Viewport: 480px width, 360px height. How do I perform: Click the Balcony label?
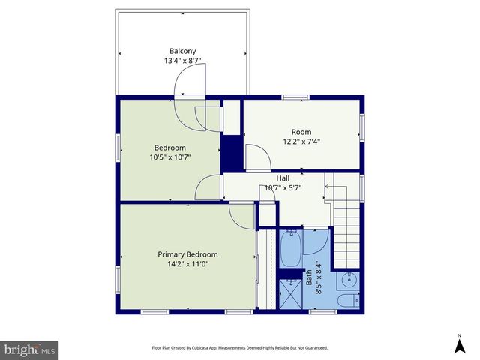coord(182,51)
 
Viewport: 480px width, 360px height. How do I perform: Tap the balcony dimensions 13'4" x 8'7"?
coord(182,61)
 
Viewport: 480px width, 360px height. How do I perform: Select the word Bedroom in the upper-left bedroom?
coord(169,148)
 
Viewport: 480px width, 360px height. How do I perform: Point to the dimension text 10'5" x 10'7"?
coord(169,157)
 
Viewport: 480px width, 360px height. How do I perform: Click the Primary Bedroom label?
coord(187,253)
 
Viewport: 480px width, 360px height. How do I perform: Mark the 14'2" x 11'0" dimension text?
coord(187,263)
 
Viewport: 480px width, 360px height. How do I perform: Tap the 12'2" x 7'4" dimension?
coord(302,141)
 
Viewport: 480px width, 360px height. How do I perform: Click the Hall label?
coord(283,178)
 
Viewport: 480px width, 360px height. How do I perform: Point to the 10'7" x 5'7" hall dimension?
coord(283,188)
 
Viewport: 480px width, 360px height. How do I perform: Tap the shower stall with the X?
coord(290,290)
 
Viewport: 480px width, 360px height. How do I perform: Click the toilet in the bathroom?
coord(346,301)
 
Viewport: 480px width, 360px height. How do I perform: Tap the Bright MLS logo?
coord(30,349)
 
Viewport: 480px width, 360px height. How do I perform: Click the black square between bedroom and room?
coord(231,153)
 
